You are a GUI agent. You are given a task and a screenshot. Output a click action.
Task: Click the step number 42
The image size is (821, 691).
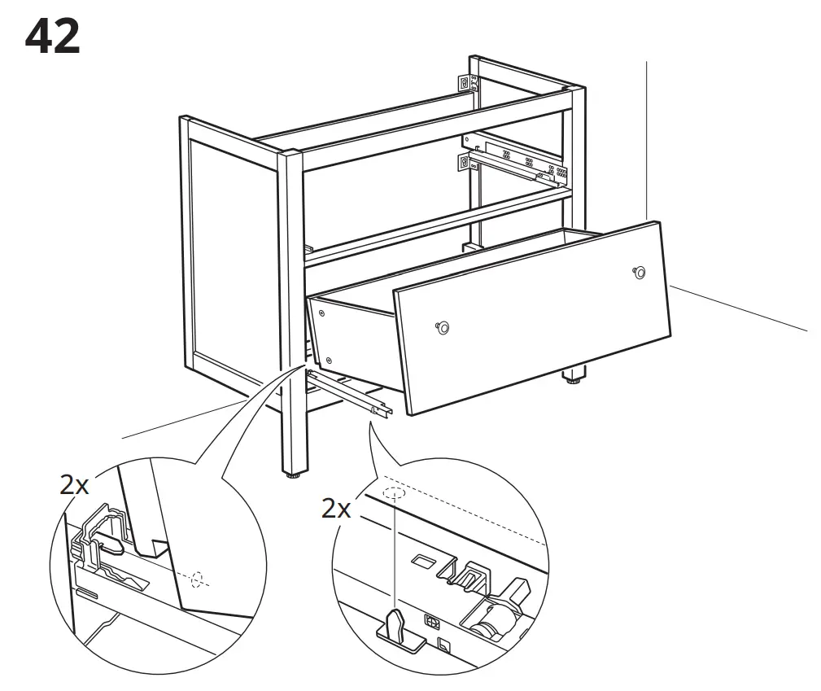pos(53,37)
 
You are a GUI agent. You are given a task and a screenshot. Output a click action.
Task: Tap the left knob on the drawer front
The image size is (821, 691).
pos(443,326)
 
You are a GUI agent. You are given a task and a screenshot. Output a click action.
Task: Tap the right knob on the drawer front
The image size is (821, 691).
pos(640,273)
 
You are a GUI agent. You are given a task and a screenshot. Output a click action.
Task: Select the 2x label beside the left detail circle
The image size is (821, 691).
pos(74,484)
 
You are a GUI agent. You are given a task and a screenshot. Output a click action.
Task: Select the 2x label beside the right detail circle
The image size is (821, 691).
pos(336,509)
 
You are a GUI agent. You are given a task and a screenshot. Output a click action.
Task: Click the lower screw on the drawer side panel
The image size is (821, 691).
pos(329,359)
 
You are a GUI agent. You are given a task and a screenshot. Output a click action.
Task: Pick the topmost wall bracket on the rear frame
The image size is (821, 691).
pos(465,82)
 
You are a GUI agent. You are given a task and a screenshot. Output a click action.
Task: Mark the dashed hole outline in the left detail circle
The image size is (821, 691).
pos(198,579)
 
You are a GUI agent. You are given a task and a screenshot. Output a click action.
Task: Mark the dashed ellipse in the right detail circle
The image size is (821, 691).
pos(394,493)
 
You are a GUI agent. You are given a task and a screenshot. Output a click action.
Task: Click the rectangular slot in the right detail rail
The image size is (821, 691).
pos(423,561)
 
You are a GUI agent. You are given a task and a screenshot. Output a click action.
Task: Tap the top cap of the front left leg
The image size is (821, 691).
pos(290,151)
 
